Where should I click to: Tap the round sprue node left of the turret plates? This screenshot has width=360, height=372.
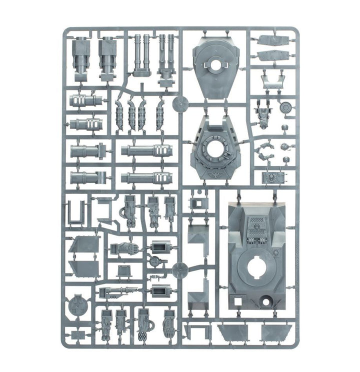pos(179,104)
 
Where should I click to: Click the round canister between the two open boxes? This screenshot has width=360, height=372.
pos(156,260)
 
